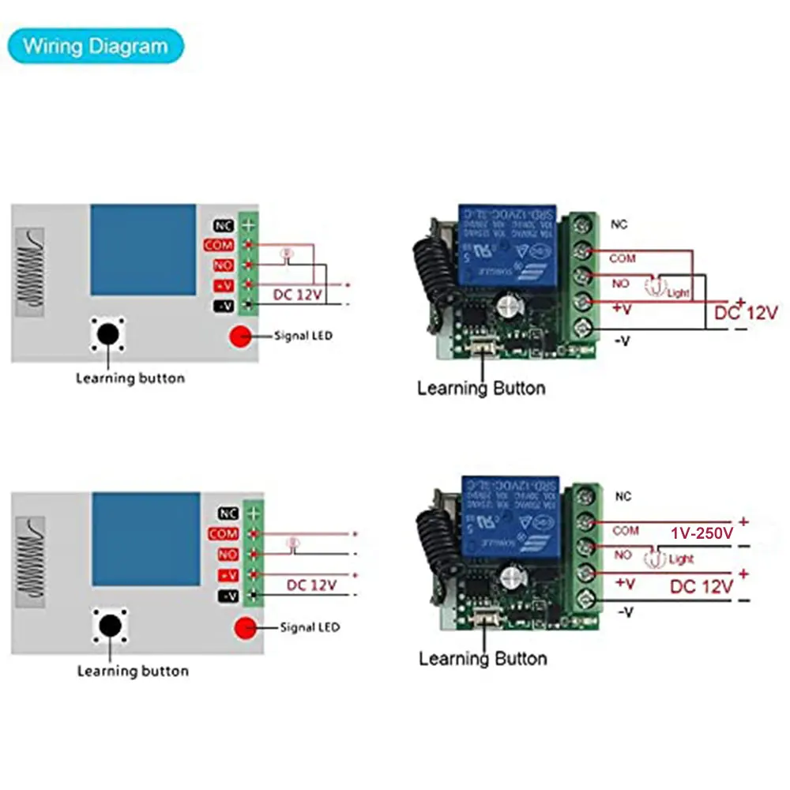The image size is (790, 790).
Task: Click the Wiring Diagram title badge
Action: coord(95,46)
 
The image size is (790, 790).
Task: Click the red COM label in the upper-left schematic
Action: coord(219,245)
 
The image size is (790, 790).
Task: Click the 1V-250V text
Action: coord(702,534)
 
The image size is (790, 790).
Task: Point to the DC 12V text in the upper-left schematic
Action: coord(298,295)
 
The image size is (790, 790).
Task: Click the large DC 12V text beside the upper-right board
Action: coord(746,313)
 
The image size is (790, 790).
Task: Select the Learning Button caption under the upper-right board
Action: coord(481,388)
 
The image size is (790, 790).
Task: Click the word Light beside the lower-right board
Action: coord(681,559)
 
